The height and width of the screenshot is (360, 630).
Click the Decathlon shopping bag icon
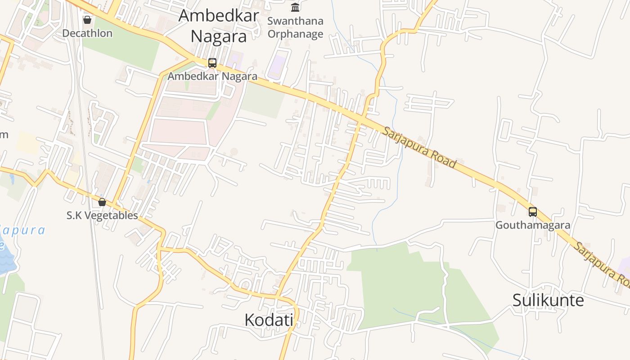pos(87,20)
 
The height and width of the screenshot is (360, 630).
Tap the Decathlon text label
pos(87,33)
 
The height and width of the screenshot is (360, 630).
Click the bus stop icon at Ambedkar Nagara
pos(212,63)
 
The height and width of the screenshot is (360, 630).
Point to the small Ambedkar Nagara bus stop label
pos(212,76)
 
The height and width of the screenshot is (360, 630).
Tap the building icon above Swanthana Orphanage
pos(295,7)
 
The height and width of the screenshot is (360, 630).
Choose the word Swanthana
pos(295,21)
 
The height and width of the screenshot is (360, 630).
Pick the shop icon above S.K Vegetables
pos(102,202)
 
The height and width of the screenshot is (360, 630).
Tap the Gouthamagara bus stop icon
pos(533,211)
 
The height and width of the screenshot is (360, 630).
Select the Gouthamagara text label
pos(533,225)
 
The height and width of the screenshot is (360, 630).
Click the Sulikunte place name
pos(548,300)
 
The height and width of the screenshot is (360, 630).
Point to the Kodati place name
pos(269,320)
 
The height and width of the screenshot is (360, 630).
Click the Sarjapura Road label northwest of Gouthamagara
pos(420,147)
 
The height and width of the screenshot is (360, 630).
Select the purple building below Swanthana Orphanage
pos(277,67)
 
